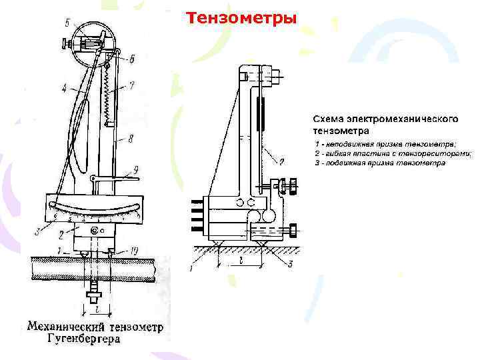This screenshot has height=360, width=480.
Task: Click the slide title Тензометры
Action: (241, 17)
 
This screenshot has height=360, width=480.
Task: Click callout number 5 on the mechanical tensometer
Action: (67, 24)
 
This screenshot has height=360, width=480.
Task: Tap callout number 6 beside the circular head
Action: (132, 59)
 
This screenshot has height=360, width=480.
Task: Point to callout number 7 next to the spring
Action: (133, 85)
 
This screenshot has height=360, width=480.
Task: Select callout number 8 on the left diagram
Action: (131, 139)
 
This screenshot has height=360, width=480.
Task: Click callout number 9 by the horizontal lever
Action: (136, 169)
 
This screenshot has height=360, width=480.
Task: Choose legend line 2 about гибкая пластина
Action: (393, 153)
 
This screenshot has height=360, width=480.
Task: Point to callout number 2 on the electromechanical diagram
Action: (282, 161)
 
